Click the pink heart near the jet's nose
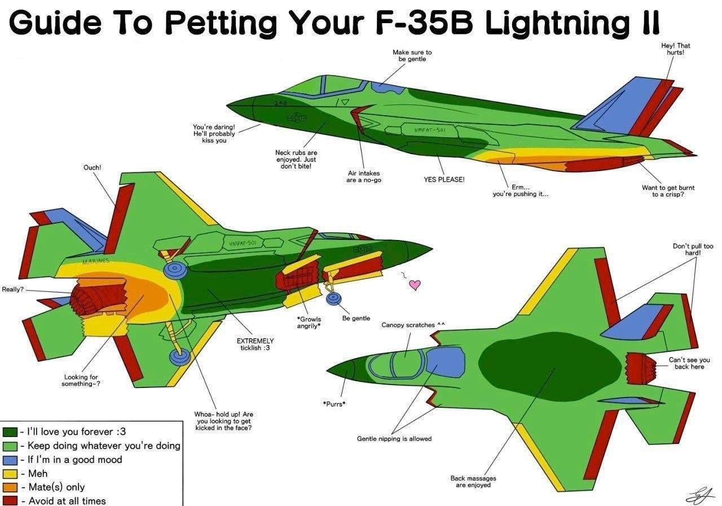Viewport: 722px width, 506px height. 415,285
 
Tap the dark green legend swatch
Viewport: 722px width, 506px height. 10,432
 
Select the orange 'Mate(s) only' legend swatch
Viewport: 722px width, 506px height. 10,487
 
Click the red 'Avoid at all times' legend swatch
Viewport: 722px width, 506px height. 10,501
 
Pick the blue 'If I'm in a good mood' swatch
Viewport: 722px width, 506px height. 10,460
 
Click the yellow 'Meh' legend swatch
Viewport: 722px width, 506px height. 10,474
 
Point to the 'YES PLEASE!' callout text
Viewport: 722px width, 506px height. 444,180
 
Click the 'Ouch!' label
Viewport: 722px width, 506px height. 92,168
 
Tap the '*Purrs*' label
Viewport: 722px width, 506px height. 334,404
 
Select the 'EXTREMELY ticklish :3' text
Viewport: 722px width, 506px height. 255,344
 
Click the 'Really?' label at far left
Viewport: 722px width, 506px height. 13,290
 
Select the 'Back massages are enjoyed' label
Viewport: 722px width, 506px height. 473,482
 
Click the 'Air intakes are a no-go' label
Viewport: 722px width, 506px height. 364,177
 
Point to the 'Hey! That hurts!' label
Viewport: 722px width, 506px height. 676,49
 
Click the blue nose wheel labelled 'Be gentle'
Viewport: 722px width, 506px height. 333,299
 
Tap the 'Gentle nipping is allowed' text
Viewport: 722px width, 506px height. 394,439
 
